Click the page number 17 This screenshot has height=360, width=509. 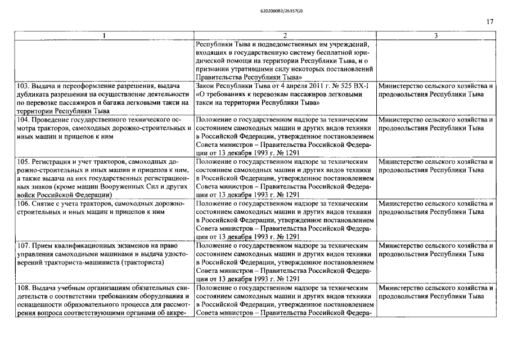490,22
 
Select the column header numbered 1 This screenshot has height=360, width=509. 104,36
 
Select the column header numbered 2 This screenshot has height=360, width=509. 285,36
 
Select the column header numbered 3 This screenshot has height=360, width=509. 436,36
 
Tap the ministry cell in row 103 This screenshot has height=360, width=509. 436,90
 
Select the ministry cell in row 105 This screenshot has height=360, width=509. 436,165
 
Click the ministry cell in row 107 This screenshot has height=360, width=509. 436,249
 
